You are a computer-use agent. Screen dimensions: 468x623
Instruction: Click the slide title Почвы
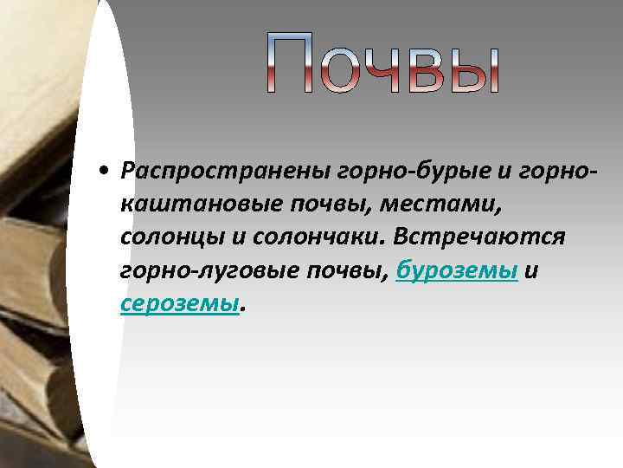tap(382, 62)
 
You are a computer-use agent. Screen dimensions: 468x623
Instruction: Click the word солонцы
tap(161, 237)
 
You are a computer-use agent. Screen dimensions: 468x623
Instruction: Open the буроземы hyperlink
tap(457, 271)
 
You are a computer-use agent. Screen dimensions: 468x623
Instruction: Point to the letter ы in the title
tap(476, 69)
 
